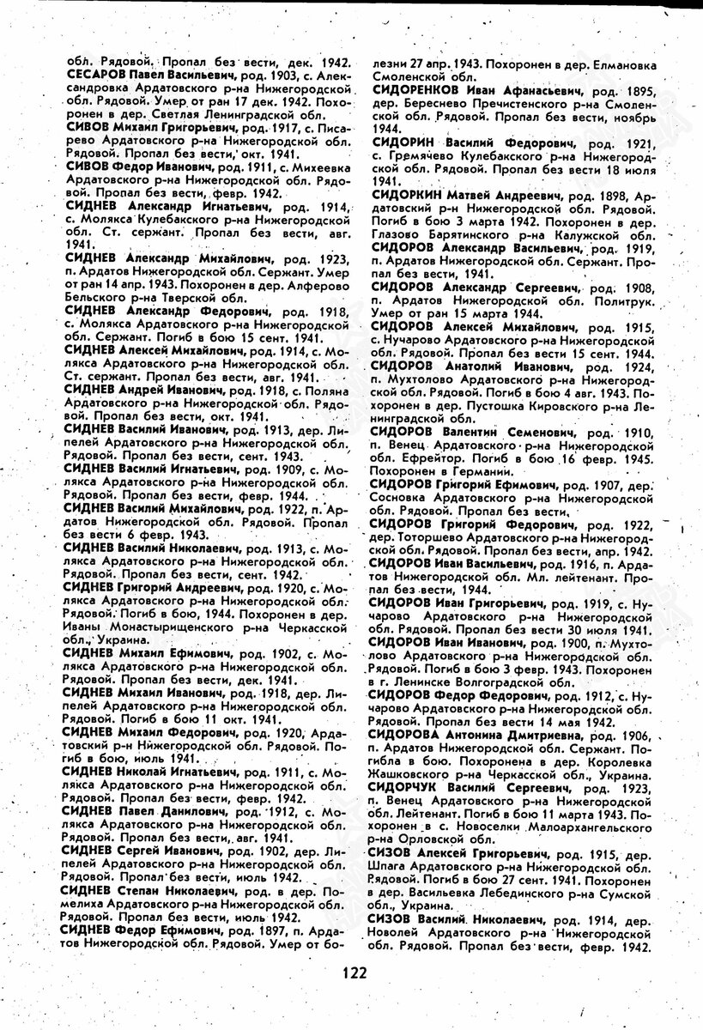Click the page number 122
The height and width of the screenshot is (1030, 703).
[352, 972]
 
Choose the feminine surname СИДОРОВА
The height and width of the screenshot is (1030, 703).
[407, 736]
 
